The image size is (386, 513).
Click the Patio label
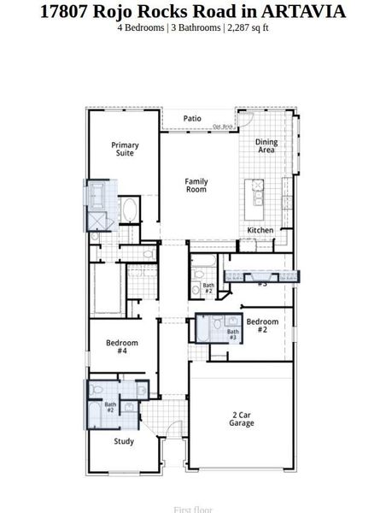[x=192, y=119]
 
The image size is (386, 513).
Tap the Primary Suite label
[x=125, y=149]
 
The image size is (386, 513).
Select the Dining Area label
[x=266, y=146]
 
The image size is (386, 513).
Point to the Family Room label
[x=196, y=185]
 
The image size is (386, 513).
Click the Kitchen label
[x=260, y=231]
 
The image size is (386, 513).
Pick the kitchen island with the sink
[x=256, y=198]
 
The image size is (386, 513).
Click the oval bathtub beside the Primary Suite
[x=131, y=209]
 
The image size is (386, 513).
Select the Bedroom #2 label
[x=257, y=325]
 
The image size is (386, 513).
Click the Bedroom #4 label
[x=122, y=346]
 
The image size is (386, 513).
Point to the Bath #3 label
[x=232, y=334]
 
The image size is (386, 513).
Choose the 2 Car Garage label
[x=241, y=419]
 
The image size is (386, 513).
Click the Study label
[x=124, y=441]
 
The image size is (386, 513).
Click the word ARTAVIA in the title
[x=293, y=11]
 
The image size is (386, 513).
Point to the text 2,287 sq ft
[x=248, y=27]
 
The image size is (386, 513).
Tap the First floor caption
[x=192, y=510]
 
